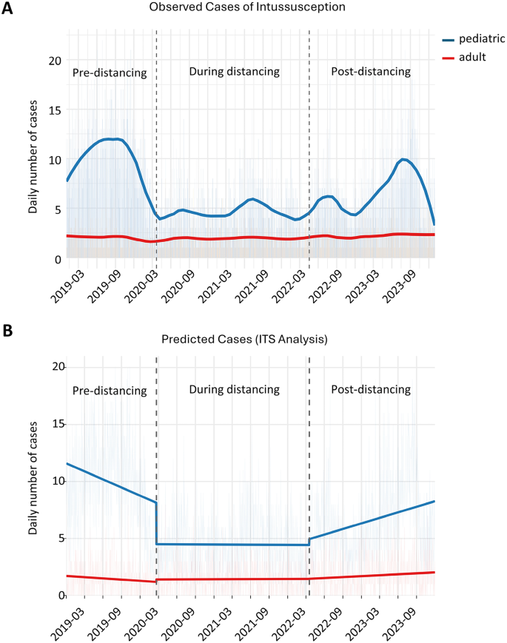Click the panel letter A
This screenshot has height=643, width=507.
tap(7, 8)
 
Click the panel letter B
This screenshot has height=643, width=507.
tap(7, 331)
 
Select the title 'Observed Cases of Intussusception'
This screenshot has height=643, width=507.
tap(247, 7)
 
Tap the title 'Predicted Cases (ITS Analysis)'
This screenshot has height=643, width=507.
tap(244, 340)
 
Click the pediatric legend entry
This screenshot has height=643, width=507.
tap(474, 39)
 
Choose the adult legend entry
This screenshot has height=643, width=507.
tap(464, 57)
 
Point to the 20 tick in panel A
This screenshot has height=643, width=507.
tap(55, 61)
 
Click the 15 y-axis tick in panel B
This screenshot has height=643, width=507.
tap(58, 423)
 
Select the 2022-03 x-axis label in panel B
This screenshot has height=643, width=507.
tap(289, 623)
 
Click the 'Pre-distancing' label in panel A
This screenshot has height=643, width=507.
tap(110, 73)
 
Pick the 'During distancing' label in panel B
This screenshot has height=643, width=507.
tap(234, 389)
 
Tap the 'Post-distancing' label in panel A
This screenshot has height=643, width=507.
tap(371, 72)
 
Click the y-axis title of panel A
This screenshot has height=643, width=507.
tap(33, 157)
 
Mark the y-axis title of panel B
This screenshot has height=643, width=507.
tap(33, 478)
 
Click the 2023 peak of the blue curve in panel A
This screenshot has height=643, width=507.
tap(403, 159)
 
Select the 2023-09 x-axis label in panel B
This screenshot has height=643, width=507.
tap(400, 623)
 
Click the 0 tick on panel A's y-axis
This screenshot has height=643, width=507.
tap(58, 260)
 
